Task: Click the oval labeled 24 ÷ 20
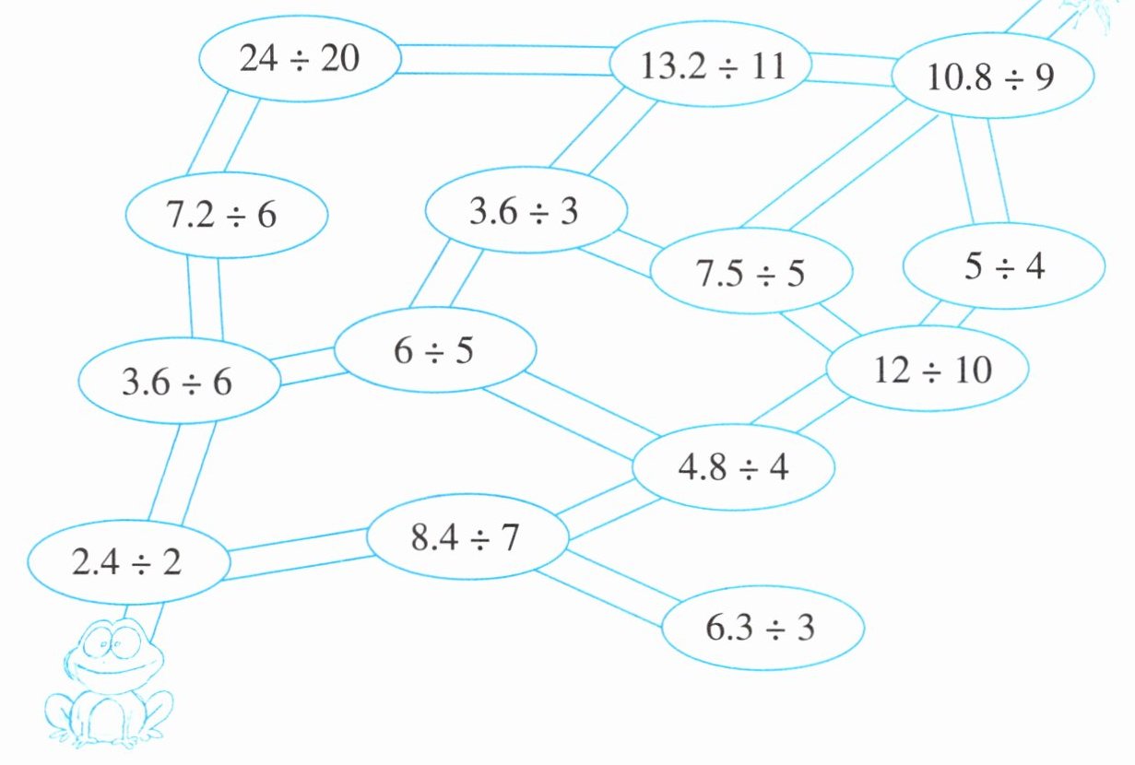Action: (x=301, y=60)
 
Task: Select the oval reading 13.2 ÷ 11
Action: (x=712, y=67)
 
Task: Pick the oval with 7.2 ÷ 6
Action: (x=227, y=216)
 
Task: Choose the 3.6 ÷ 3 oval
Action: (x=526, y=212)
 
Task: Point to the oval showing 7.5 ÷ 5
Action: (x=751, y=273)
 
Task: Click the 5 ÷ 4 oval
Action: (x=1003, y=267)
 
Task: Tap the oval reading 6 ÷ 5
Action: (x=435, y=351)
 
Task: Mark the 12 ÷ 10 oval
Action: (x=927, y=370)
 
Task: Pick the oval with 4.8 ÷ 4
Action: (x=733, y=467)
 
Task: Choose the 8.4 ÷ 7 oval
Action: (x=467, y=537)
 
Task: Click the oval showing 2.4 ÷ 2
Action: (x=128, y=562)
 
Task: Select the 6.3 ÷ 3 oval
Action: (x=763, y=628)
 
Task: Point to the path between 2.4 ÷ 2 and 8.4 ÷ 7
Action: (x=297, y=553)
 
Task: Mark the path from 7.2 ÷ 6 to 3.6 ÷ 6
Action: (x=205, y=298)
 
